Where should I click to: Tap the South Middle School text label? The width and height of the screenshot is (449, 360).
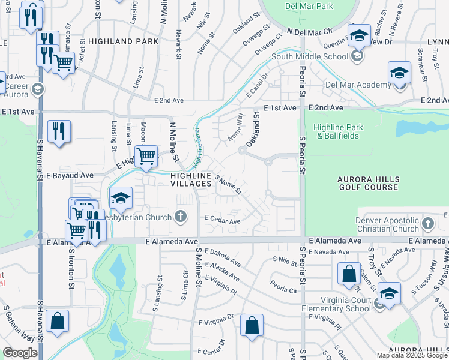tap(309, 56)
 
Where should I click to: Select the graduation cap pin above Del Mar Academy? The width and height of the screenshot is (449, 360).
tap(399, 73)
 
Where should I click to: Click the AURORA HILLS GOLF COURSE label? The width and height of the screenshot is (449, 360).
tap(368, 184)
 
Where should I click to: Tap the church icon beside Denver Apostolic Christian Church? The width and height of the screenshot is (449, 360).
tap(427, 224)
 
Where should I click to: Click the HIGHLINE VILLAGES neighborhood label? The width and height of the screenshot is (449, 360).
tap(191, 179)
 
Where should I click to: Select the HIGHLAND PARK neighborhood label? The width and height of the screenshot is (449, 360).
tap(123, 41)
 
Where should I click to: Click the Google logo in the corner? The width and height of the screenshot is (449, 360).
tap(20, 353)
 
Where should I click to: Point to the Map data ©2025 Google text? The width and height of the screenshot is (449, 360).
tap(411, 355)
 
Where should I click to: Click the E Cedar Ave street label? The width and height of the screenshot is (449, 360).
tap(222, 221)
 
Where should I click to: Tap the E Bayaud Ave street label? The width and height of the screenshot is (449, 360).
tap(70, 175)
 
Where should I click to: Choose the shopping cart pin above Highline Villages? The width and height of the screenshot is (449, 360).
tap(146, 158)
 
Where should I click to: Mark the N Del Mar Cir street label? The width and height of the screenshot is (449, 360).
tap(309, 30)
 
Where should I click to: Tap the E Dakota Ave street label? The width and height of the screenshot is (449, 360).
tap(222, 258)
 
